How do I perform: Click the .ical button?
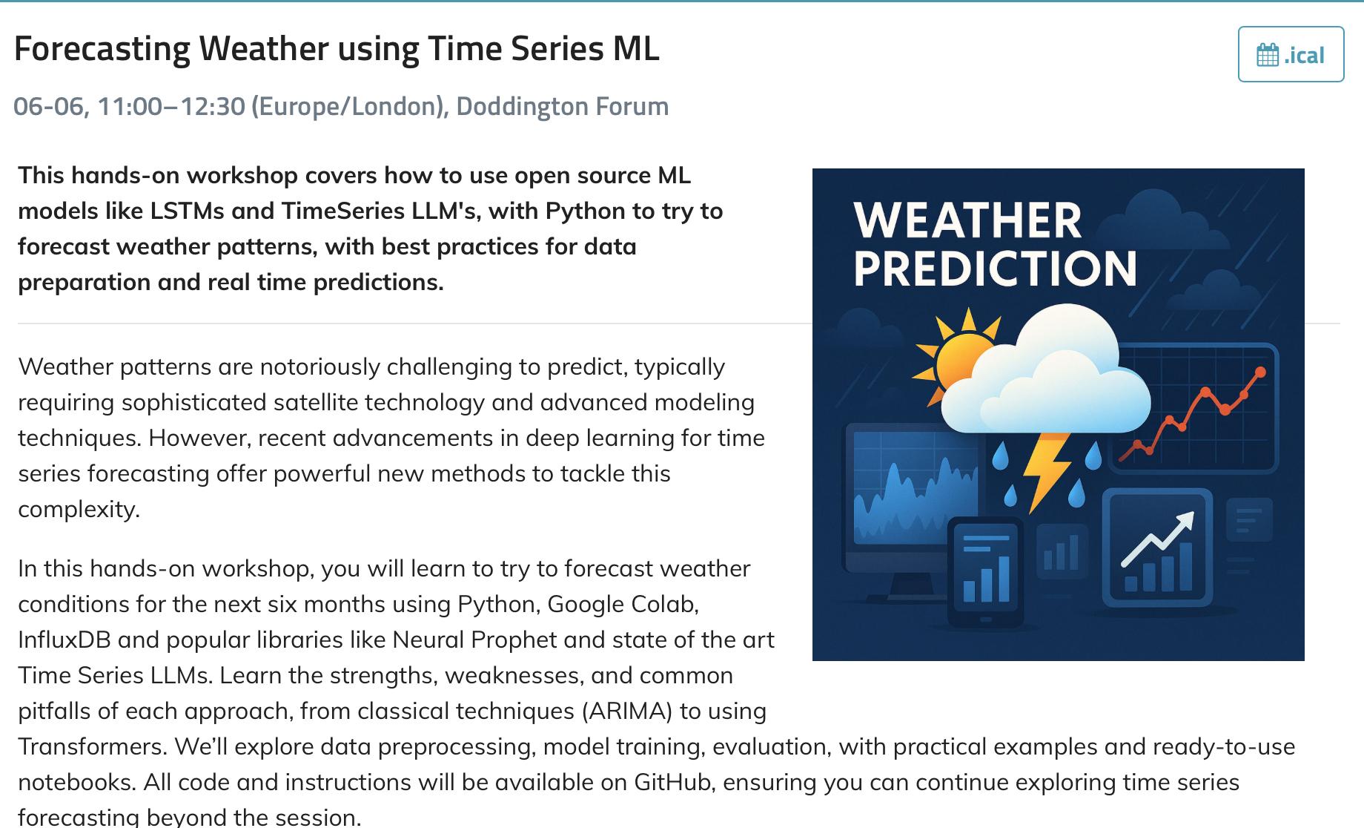click(x=1291, y=54)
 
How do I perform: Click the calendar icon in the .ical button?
click(x=1268, y=55)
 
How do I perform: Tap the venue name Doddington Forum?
click(x=563, y=106)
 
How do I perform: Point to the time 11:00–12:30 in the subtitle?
click(x=171, y=106)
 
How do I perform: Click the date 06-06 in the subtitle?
click(x=48, y=106)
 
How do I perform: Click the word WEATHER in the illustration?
click(x=967, y=220)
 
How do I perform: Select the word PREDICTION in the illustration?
click(x=995, y=269)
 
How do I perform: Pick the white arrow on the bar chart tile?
click(x=1157, y=537)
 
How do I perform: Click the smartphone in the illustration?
click(x=986, y=572)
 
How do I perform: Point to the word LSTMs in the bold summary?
click(x=186, y=211)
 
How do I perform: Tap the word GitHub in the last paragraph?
click(x=672, y=782)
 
